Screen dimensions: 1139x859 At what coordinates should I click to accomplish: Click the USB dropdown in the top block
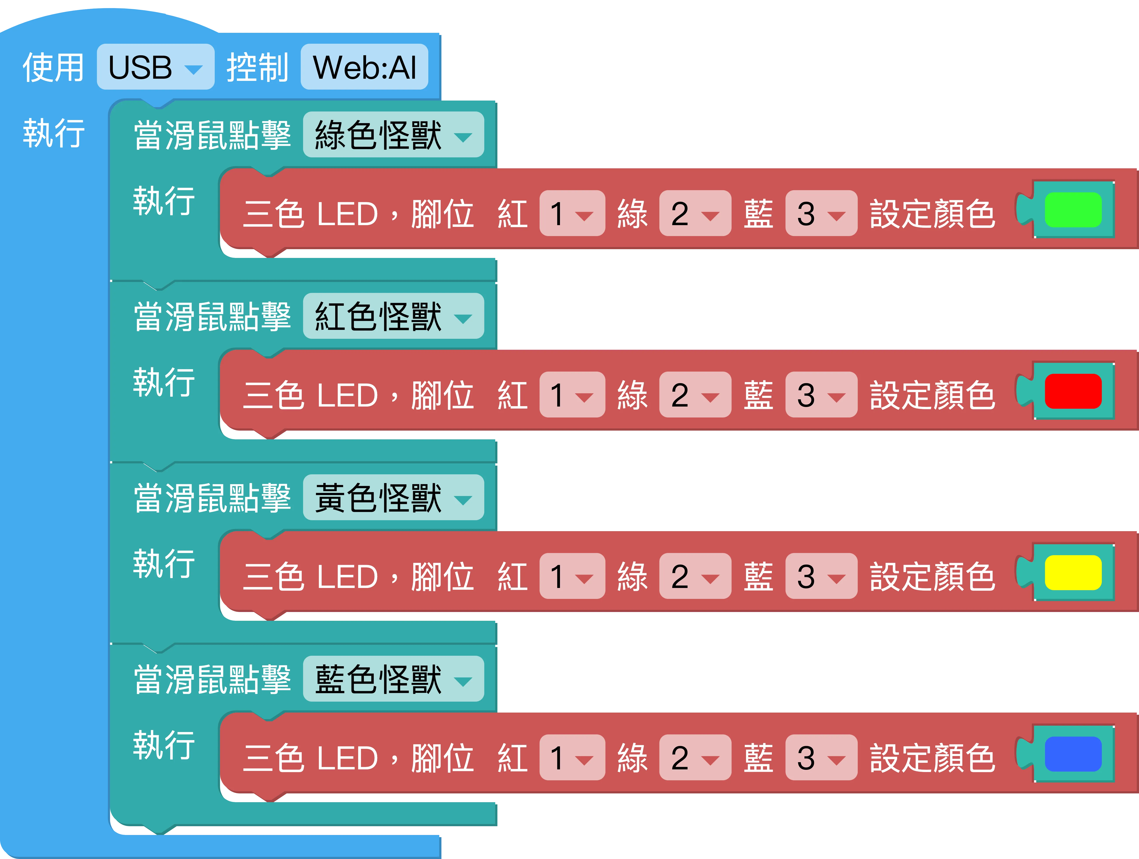(155, 67)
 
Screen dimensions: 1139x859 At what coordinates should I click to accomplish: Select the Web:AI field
(365, 67)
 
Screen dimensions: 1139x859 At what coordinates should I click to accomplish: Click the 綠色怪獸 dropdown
(393, 135)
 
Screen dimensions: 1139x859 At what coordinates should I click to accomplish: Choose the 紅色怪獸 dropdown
(393, 316)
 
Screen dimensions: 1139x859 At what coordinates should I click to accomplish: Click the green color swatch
(1073, 209)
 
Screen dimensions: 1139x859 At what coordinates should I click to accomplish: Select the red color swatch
(1073, 391)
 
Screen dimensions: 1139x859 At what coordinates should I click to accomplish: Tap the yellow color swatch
(1073, 572)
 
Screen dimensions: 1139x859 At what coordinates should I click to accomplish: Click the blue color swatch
(1073, 754)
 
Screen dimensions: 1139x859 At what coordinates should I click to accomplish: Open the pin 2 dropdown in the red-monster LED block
(695, 395)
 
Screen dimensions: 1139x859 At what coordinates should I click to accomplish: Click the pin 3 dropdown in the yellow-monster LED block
(821, 576)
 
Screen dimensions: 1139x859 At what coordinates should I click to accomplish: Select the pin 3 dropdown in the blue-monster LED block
(821, 758)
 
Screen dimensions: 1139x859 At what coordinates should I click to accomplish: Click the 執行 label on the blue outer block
(54, 133)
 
